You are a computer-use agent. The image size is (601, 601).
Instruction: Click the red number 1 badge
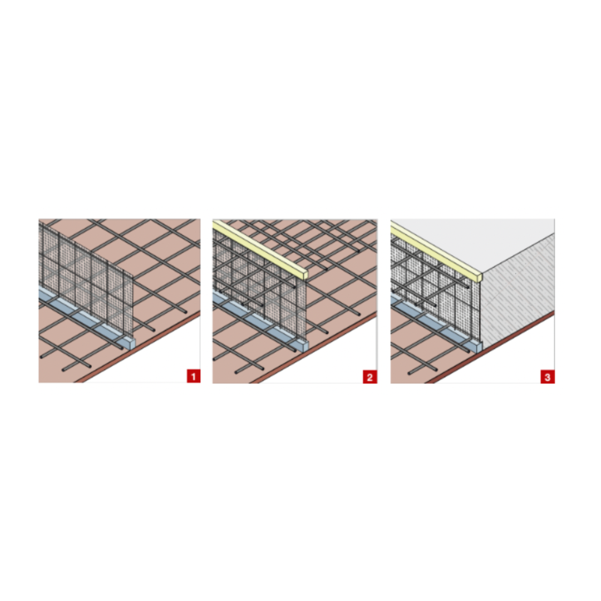click(194, 376)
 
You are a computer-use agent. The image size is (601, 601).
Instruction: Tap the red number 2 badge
click(370, 376)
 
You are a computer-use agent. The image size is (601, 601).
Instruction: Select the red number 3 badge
click(548, 376)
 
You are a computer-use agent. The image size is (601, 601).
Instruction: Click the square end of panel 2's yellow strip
click(305, 276)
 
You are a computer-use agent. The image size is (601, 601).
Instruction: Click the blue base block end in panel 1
click(130, 343)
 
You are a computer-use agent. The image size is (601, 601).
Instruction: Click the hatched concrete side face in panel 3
click(518, 291)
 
